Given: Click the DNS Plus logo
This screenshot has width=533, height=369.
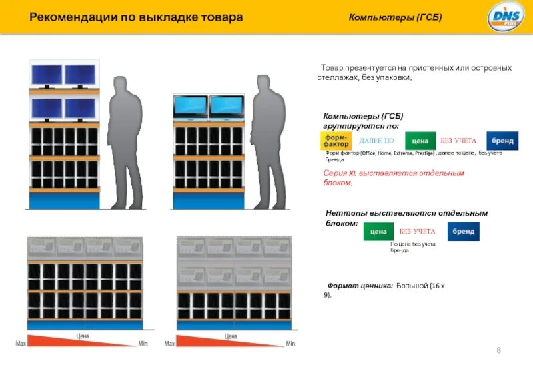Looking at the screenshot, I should pyautogui.click(x=505, y=16).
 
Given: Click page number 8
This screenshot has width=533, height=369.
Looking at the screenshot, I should pyautogui.click(x=499, y=350).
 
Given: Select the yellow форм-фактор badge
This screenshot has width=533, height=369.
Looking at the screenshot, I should pyautogui.click(x=336, y=141).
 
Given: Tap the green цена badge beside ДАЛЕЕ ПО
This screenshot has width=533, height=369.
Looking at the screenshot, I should pyautogui.click(x=420, y=141).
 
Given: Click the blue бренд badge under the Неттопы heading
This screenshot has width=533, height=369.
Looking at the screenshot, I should pyautogui.click(x=464, y=231).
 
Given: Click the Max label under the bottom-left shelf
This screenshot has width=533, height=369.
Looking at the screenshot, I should pyautogui.click(x=21, y=344).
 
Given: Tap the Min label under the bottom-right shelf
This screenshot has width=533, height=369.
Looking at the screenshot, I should pyautogui.click(x=290, y=344).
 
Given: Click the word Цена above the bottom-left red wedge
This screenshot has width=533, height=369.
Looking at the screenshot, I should pyautogui.click(x=83, y=336).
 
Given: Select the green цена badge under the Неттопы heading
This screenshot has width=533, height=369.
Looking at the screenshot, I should pyautogui.click(x=378, y=231).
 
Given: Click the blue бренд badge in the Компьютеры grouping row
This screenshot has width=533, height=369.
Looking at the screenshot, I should pyautogui.click(x=502, y=141).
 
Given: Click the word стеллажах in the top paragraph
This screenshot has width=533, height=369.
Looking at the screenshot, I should pyautogui.click(x=339, y=78).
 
